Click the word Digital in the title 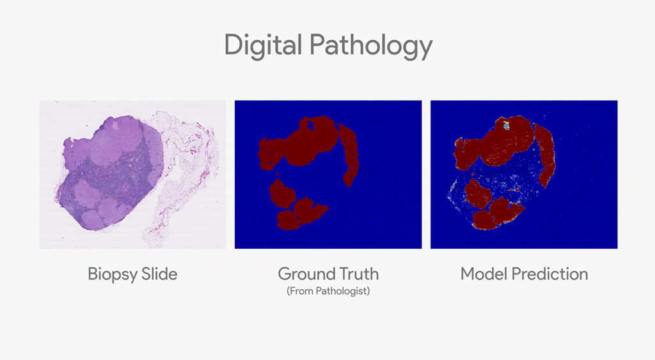[x=263, y=46]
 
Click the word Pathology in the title [x=371, y=46]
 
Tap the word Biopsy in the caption [x=112, y=274]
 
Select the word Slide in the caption [x=159, y=274]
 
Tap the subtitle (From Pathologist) [x=328, y=291]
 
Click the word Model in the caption [x=484, y=274]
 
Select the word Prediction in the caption [x=550, y=274]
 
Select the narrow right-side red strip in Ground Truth [x=349, y=155]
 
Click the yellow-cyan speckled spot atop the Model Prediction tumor [x=506, y=125]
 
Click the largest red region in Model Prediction [x=497, y=144]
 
